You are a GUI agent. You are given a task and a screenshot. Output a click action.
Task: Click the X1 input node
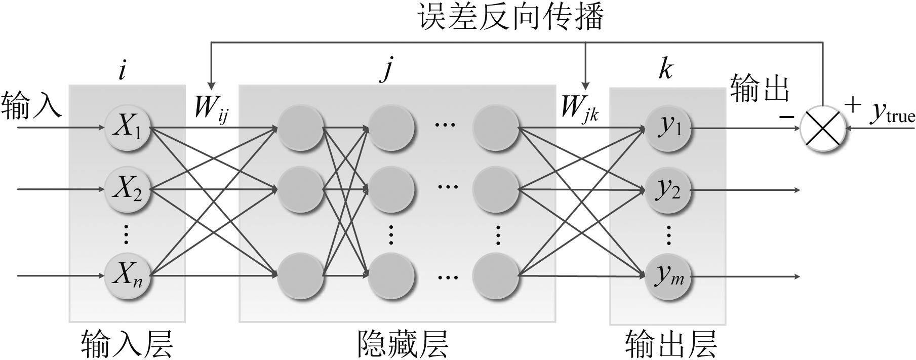pyautogui.click(x=127, y=128)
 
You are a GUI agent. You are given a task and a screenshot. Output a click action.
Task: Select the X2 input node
pyautogui.click(x=127, y=190)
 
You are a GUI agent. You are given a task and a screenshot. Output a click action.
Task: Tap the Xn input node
pyautogui.click(x=127, y=276)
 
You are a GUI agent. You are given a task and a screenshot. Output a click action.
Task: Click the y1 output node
pyautogui.click(x=668, y=128)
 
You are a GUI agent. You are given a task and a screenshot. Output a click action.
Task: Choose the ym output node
pyautogui.click(x=668, y=276)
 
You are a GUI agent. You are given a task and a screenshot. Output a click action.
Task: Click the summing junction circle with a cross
pyautogui.click(x=823, y=129)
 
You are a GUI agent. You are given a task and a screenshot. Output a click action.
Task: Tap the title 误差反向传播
pyautogui.click(x=511, y=18)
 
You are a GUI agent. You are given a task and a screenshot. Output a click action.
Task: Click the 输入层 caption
pyautogui.click(x=127, y=344)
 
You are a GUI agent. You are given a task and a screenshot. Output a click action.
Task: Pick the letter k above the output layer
pyautogui.click(x=665, y=69)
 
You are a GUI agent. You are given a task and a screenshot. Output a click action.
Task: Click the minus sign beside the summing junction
pyautogui.click(x=786, y=117)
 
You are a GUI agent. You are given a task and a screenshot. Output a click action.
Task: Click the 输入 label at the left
pyautogui.click(x=32, y=105)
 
